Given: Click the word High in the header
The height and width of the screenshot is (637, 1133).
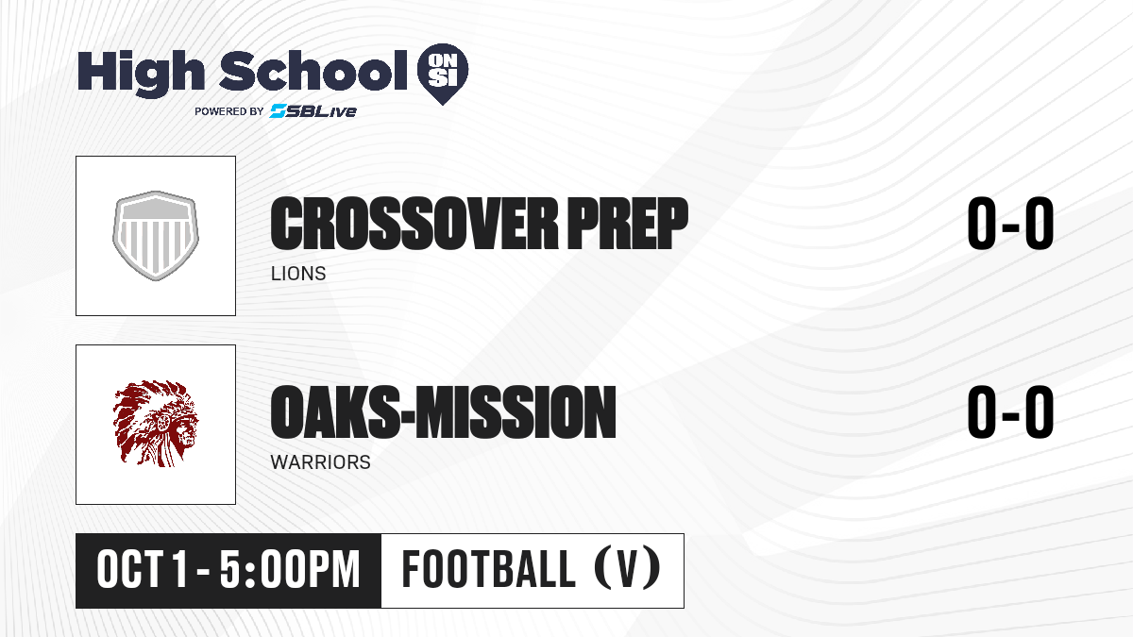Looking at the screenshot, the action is click(x=141, y=73).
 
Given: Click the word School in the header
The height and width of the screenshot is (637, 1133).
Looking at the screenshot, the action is click(x=313, y=70).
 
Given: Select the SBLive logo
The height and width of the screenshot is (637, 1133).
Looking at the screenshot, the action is click(x=313, y=111).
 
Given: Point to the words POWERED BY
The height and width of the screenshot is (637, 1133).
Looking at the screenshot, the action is click(x=229, y=111).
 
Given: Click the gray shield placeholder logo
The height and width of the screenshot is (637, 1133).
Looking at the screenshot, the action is click(x=156, y=236).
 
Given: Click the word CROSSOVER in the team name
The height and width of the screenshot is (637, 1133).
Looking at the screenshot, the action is click(x=414, y=224).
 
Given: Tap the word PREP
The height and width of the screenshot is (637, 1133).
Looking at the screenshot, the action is click(x=628, y=224).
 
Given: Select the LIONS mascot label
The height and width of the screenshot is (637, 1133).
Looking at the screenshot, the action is click(x=298, y=274).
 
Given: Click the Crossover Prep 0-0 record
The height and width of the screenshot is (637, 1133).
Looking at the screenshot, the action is click(x=1010, y=224).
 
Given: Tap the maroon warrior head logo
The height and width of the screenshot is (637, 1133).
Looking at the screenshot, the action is click(x=156, y=424).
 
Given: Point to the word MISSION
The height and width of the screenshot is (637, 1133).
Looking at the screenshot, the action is click(x=516, y=412).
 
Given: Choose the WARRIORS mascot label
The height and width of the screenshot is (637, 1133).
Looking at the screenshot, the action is click(x=321, y=462).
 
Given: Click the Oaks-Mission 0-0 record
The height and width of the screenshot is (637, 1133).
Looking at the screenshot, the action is click(x=1010, y=412).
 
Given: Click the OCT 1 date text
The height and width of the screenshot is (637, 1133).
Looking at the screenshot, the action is click(x=143, y=570).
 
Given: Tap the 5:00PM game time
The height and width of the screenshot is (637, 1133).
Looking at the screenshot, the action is click(x=289, y=570).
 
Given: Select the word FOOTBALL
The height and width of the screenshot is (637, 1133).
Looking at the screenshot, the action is click(x=489, y=569).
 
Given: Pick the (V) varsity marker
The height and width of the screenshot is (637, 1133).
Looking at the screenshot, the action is click(x=627, y=569).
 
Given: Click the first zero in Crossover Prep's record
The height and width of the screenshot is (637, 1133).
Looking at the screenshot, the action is click(x=982, y=224).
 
